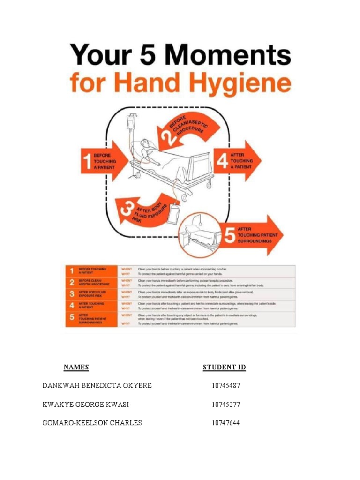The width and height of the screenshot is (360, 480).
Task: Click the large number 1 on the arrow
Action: click(x=86, y=161)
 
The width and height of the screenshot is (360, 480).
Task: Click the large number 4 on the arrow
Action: click(x=223, y=161)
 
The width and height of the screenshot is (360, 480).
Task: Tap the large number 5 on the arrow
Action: click(x=229, y=234)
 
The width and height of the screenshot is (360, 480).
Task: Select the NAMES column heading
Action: click(x=76, y=367)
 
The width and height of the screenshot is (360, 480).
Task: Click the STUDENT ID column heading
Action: click(x=224, y=367)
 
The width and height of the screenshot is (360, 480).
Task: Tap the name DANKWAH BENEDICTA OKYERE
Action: click(x=97, y=386)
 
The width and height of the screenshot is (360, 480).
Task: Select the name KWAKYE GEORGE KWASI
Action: click(x=86, y=405)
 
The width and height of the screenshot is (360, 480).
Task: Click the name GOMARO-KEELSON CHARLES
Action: click(x=92, y=423)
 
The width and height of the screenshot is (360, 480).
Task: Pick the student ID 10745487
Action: click(x=225, y=386)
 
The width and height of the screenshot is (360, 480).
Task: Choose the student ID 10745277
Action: click(x=225, y=405)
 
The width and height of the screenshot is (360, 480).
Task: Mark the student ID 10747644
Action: click(x=225, y=423)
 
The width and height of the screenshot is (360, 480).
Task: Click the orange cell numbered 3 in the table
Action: click(x=72, y=294)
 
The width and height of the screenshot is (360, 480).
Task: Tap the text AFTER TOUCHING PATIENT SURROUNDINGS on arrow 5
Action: click(x=257, y=235)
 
